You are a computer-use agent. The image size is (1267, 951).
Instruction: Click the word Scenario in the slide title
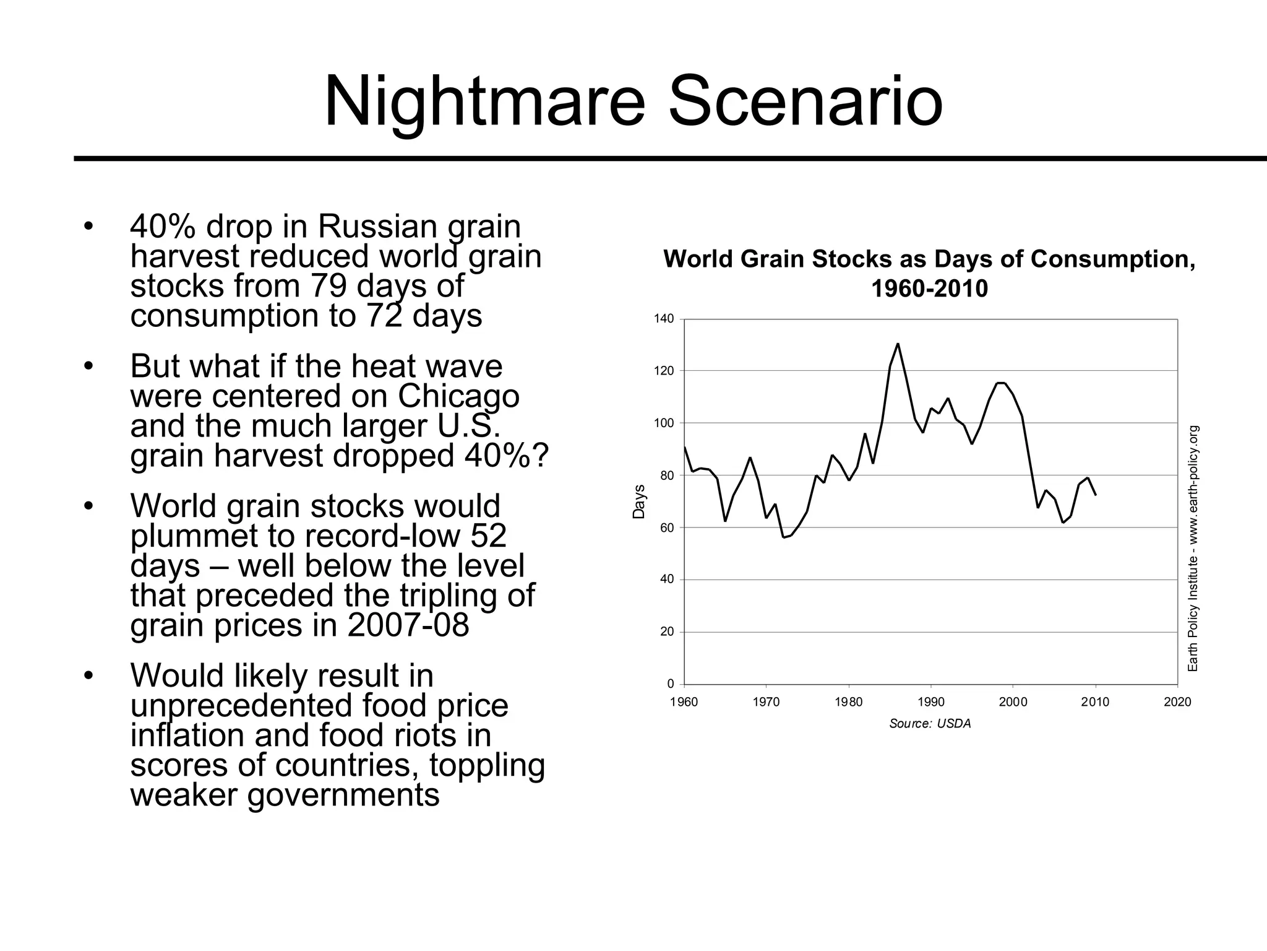pos(805,101)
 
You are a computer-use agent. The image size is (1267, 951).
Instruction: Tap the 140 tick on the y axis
pos(664,319)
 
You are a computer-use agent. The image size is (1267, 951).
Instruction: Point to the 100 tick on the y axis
pos(664,423)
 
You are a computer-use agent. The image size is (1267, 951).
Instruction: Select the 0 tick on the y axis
pos(671,684)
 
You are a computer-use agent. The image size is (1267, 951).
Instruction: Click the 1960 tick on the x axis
pos(684,702)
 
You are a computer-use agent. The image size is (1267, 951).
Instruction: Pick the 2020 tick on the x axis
pos(1177,702)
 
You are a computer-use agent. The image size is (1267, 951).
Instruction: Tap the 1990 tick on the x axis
pos(930,702)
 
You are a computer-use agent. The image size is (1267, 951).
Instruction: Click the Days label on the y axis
pos(638,502)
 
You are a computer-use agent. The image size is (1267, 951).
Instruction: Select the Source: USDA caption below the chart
pos(930,724)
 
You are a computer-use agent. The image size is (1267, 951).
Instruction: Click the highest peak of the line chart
pos(898,344)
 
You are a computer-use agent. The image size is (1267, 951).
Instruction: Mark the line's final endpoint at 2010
pos(1096,494)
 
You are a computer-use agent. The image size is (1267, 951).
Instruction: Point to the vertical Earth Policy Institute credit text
pos(1193,548)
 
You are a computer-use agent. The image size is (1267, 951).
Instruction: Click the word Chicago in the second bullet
pos(458,396)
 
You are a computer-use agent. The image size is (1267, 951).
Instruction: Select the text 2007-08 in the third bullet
pos(408,625)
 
